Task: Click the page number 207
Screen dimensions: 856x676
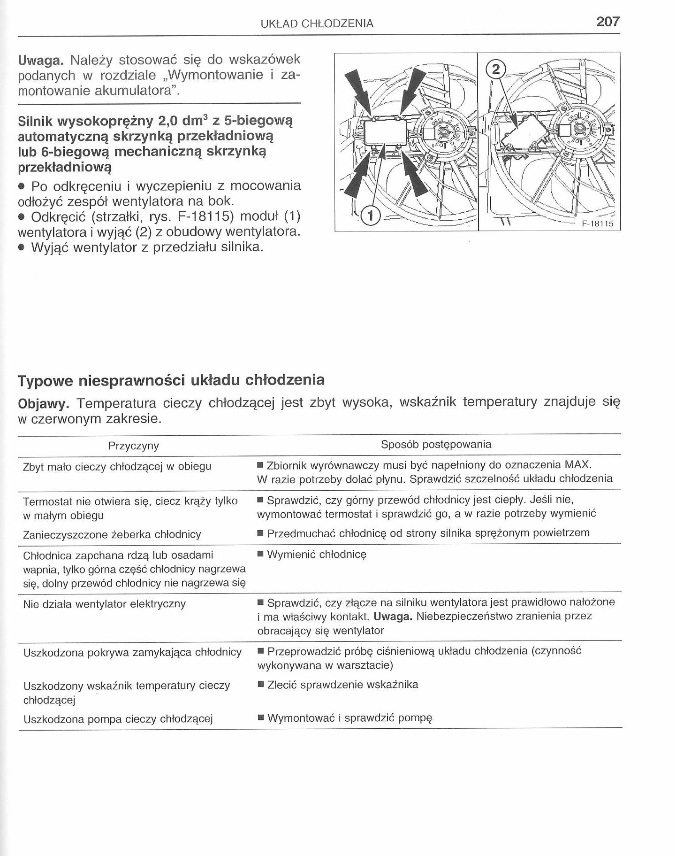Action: tap(608, 21)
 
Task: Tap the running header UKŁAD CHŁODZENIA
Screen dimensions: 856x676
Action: tap(317, 23)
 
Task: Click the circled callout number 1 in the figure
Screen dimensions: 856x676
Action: tap(371, 216)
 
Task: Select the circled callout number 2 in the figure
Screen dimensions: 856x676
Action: tap(496, 70)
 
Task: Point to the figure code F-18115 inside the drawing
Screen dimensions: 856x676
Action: tap(597, 224)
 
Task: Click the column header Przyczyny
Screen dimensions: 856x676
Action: tap(134, 446)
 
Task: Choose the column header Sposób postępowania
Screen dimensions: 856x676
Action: tap(436, 444)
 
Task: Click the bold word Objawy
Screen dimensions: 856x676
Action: tap(44, 403)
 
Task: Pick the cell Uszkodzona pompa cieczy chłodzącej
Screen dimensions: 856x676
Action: tap(118, 719)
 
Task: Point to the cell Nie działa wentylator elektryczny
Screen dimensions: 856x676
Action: tap(104, 604)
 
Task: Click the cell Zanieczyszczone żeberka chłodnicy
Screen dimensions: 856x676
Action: tap(112, 534)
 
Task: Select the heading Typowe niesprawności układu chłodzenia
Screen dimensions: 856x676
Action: tap(171, 380)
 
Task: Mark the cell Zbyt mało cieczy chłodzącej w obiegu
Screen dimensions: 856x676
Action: tap(117, 467)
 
